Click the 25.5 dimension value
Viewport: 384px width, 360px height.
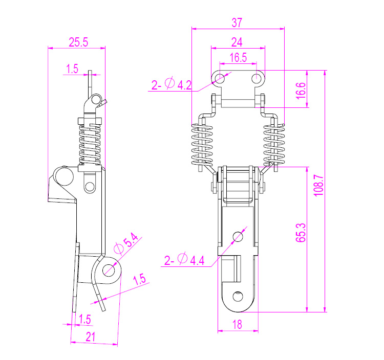tap(78, 42)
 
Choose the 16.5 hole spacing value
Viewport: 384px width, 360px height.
tap(238, 57)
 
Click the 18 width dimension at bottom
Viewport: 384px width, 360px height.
tap(237, 324)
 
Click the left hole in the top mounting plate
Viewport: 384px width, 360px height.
tap(221, 78)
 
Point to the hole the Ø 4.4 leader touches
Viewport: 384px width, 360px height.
tap(238, 236)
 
